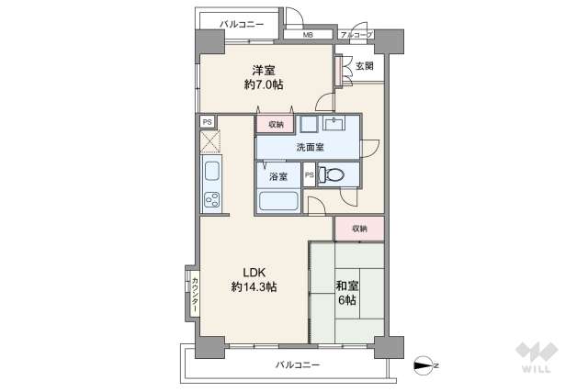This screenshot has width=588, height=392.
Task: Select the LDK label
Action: [x=254, y=271]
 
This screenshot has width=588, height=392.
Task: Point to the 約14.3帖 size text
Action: [x=254, y=287]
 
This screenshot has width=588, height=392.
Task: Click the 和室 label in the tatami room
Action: [x=347, y=285]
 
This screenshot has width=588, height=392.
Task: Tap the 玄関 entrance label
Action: [x=365, y=66]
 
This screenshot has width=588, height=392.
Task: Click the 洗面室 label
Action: [x=308, y=147]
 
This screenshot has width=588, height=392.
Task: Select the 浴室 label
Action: [x=278, y=175]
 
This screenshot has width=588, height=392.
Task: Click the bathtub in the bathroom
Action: [x=278, y=202]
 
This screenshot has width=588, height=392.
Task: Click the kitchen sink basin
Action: [x=209, y=171]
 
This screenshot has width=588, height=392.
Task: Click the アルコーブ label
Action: [x=356, y=36]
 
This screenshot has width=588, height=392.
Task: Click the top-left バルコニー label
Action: [x=241, y=24]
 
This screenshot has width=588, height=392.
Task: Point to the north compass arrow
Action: [x=425, y=366]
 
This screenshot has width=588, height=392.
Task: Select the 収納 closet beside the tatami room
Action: [x=358, y=229]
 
